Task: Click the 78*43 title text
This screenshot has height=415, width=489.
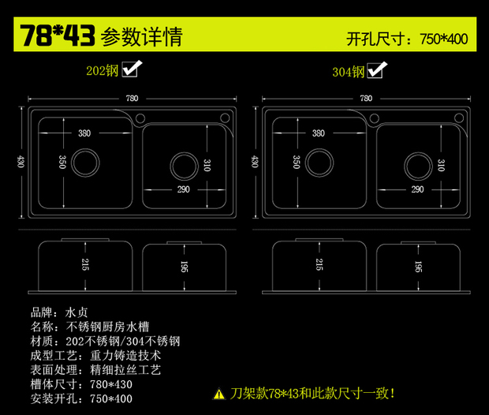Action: pos(58,36)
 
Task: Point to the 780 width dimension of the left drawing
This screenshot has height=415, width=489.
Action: pos(132,99)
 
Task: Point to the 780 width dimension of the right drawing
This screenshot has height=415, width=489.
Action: pos(365,99)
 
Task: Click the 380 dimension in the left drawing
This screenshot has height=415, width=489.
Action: pos(84,133)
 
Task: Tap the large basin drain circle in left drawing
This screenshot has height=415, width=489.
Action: pos(84,163)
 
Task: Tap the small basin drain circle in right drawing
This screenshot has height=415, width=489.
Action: pos(416,166)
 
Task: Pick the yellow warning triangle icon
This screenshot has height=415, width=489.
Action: pos(218,393)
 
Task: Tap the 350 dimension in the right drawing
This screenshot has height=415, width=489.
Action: pos(296,162)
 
